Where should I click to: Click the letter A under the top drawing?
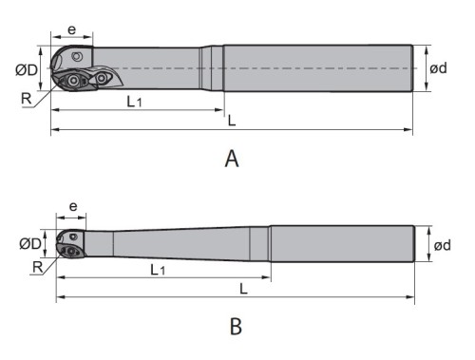tap(232, 159)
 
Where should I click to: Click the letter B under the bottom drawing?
tap(236, 326)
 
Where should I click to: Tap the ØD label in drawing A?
tap(27, 70)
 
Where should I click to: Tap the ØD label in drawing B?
tap(30, 244)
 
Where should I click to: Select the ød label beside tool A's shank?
tap(438, 68)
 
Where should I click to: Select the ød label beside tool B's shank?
tap(442, 245)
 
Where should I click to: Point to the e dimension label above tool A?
tap(72, 29)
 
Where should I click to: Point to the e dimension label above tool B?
tap(73, 207)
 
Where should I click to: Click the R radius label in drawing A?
tap(27, 99)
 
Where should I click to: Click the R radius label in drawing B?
tap(38, 267)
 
